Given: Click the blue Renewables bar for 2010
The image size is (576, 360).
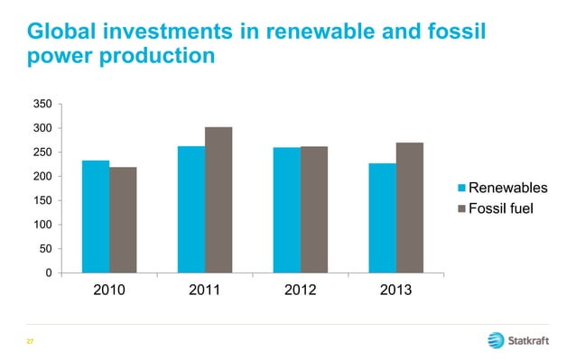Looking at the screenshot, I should click(96, 217).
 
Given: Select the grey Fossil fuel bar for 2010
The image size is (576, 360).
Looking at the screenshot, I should click(123, 219).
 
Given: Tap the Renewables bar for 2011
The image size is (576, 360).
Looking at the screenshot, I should click(191, 209).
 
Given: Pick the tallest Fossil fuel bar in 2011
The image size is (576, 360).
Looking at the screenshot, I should click(218, 199).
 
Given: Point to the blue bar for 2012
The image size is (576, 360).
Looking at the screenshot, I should click(287, 209).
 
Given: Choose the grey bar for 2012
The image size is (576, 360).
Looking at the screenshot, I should click(314, 209).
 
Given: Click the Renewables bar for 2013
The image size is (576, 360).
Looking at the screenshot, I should click(383, 217).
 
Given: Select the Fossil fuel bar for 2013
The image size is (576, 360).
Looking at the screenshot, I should click(410, 208).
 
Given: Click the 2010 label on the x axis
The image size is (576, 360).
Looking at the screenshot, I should click(109, 291).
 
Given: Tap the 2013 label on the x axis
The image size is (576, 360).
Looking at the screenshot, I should click(396, 291).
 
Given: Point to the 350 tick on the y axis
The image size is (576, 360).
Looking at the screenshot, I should click(42, 105).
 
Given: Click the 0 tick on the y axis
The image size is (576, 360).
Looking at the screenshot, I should click(48, 272).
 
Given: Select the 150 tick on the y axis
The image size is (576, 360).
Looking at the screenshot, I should click(42, 200).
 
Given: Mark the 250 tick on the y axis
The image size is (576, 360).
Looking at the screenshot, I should click(42, 152).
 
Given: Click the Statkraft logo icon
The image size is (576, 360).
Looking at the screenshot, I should click(496, 340).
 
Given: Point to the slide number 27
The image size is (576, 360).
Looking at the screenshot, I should click(30, 341).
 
